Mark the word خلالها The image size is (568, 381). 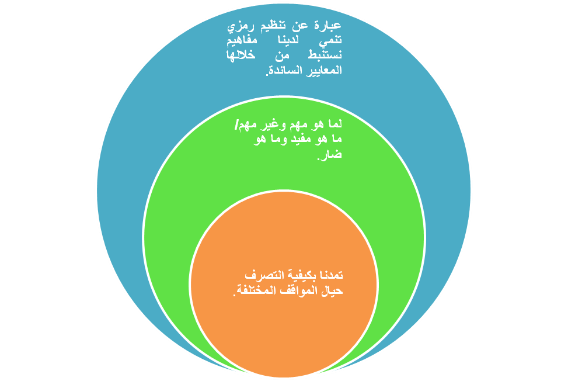point(242,56)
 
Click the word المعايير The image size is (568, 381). point(320,71)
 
